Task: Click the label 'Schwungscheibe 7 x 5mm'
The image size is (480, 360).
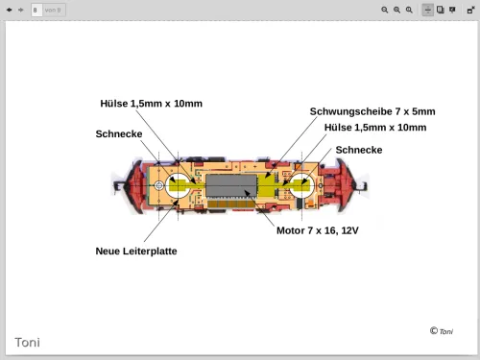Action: (x=372, y=111)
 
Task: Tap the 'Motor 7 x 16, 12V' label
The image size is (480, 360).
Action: (x=318, y=230)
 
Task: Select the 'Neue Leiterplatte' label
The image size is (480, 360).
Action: (x=136, y=251)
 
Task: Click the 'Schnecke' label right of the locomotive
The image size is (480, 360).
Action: (x=359, y=150)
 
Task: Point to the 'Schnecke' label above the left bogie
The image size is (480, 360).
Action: (x=119, y=133)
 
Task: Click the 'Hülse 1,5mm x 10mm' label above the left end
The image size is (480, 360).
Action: (x=151, y=104)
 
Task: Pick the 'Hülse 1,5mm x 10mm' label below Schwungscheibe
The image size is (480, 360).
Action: (x=375, y=128)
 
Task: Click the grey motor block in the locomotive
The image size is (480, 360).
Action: (x=231, y=185)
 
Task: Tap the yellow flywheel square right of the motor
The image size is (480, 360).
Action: (x=267, y=185)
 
